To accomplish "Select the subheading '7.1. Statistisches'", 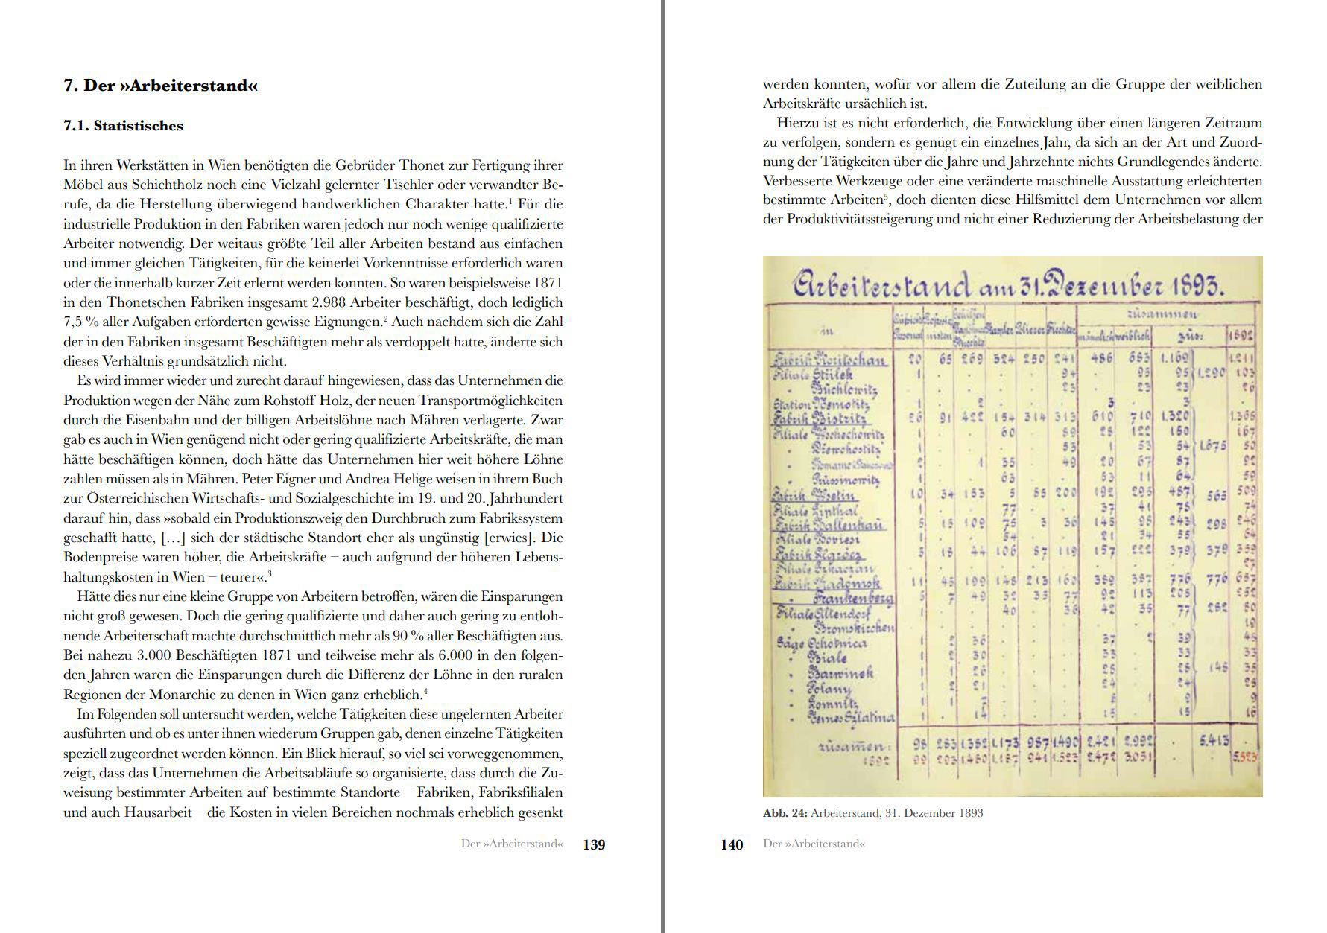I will pyautogui.click(x=123, y=126).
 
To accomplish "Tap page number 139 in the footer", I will pyautogui.click(x=594, y=844).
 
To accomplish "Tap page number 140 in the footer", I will pyautogui.click(x=732, y=844).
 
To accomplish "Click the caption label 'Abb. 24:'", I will pyautogui.click(x=785, y=813).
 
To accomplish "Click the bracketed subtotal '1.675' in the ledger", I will pyautogui.click(x=1212, y=445).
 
